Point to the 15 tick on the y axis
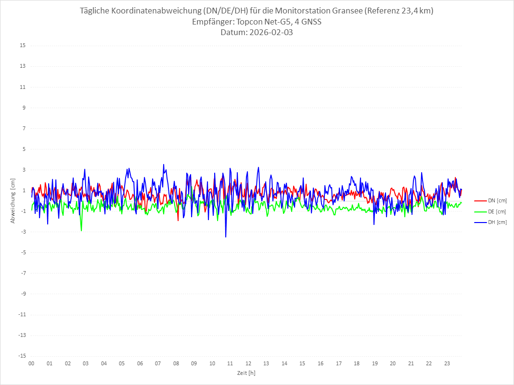23,46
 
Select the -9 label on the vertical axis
22,294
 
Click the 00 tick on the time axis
31,363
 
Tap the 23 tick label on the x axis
447,363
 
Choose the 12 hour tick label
248,363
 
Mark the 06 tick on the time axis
140,363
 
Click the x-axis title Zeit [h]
246,373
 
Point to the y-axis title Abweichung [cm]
13,201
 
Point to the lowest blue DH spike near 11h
226,236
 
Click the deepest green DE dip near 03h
81,231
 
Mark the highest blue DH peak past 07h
164,164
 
